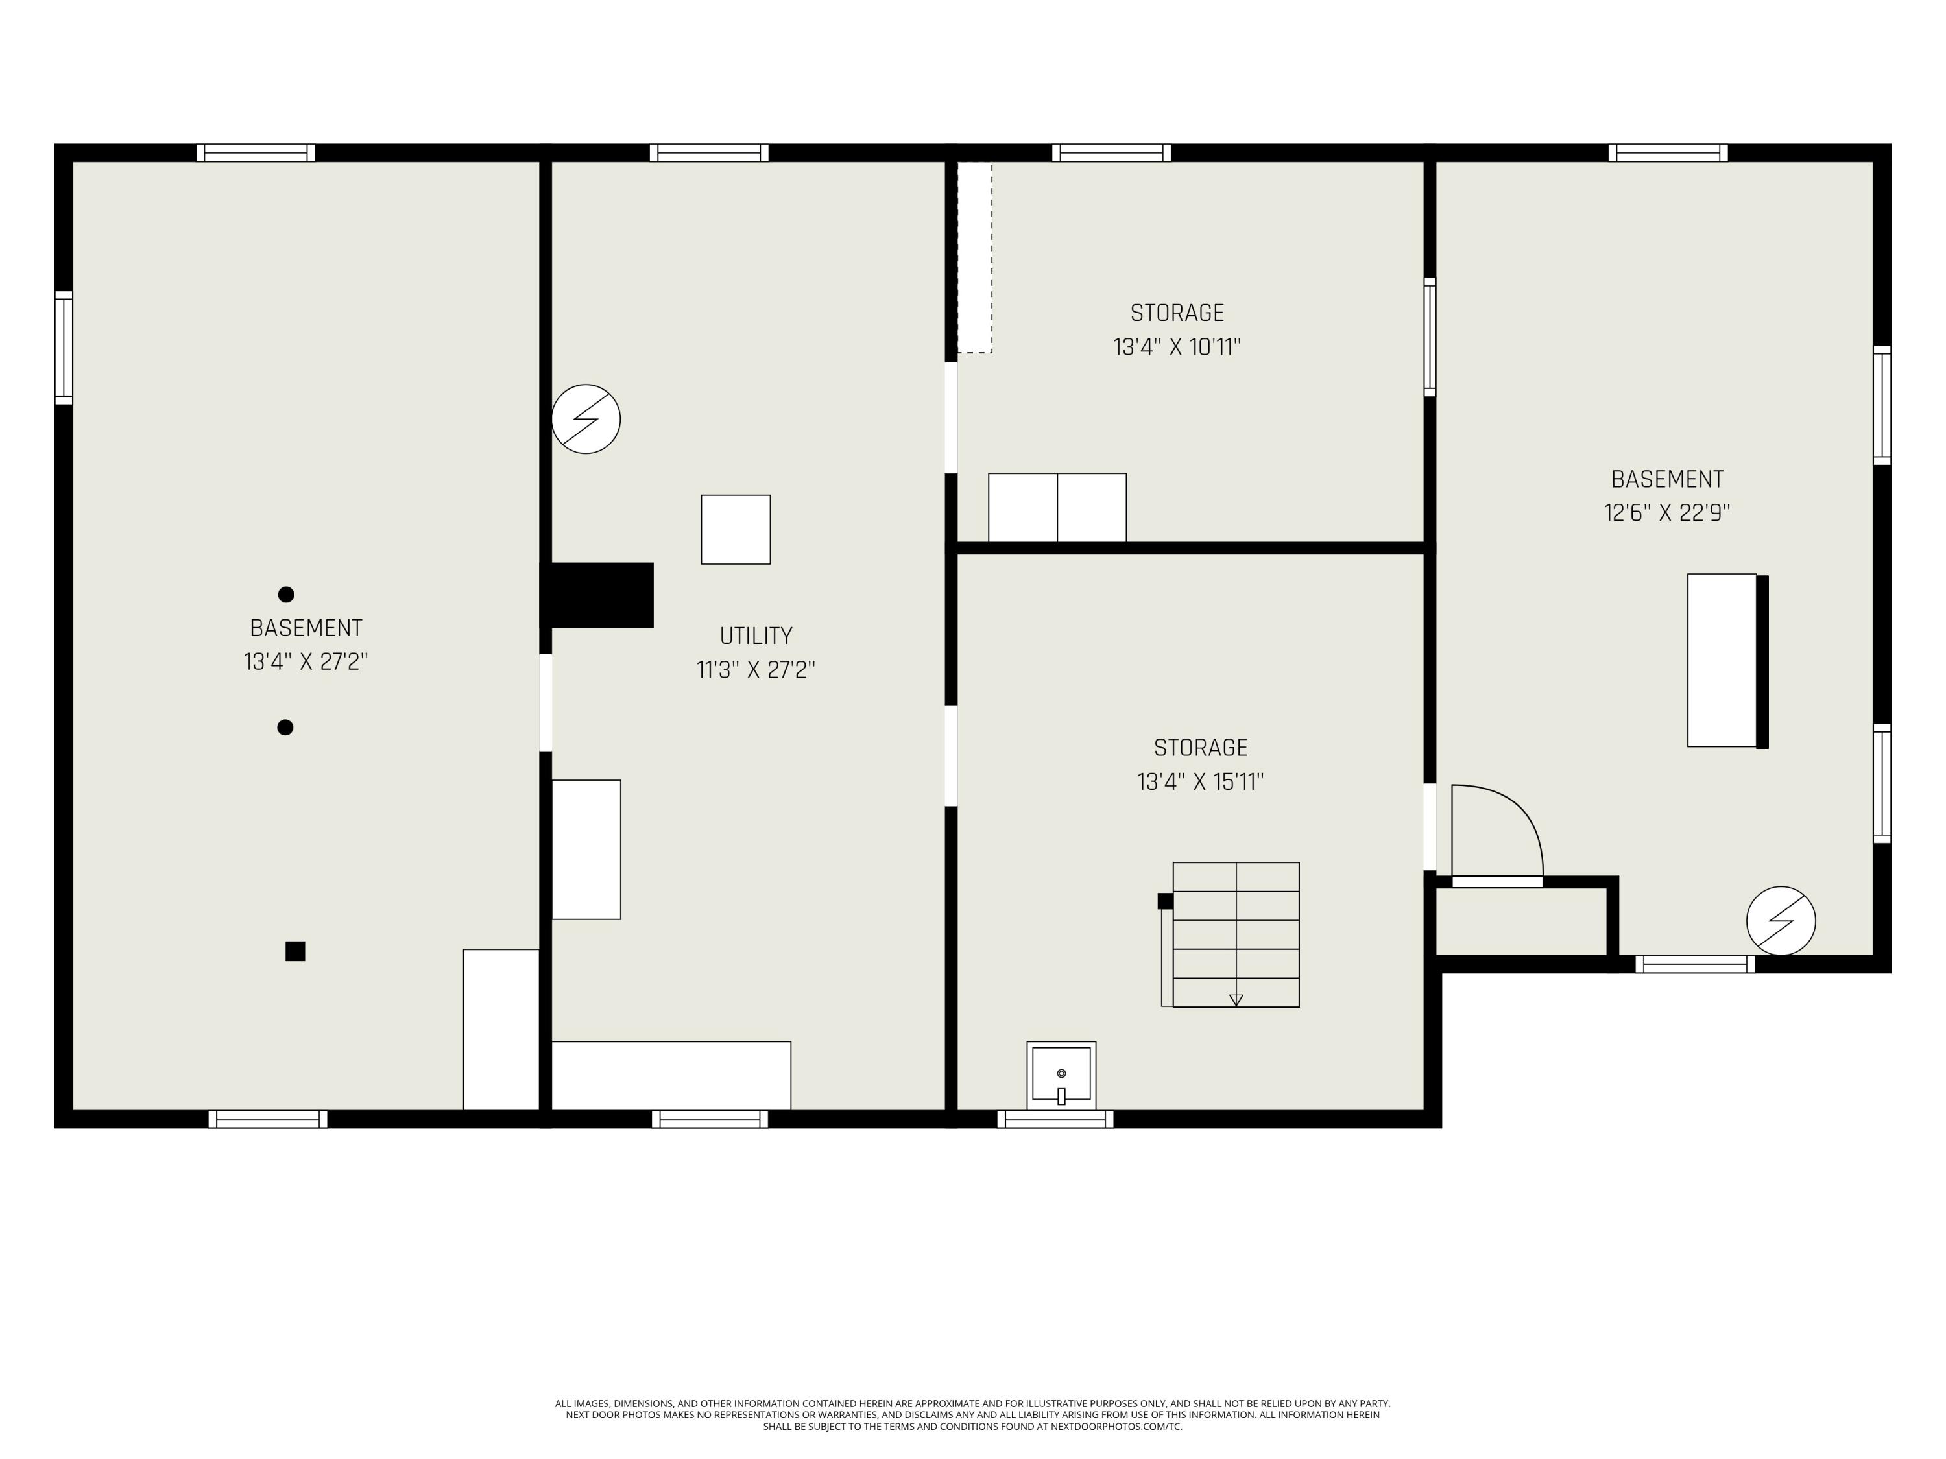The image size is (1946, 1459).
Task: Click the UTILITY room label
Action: tap(756, 636)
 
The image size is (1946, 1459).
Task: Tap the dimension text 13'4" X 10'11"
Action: tap(1177, 348)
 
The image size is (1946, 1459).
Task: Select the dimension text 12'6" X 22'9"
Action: tap(1666, 514)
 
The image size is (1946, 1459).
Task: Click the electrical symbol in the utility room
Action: tap(586, 420)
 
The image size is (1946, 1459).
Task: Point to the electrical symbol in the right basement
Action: tap(1781, 921)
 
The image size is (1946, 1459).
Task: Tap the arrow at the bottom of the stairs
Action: tap(1235, 1000)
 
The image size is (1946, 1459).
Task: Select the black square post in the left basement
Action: tap(296, 951)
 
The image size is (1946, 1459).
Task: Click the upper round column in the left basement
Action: tap(286, 595)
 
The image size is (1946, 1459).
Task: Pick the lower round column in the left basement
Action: tap(285, 728)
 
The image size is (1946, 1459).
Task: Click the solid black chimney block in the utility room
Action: tap(603, 595)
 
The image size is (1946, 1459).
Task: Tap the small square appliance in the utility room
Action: tap(736, 529)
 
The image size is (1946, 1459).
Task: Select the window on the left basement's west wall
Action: tap(64, 348)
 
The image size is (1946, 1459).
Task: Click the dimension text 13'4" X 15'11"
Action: tap(1200, 782)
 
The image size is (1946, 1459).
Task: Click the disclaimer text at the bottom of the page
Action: tap(972, 1415)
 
